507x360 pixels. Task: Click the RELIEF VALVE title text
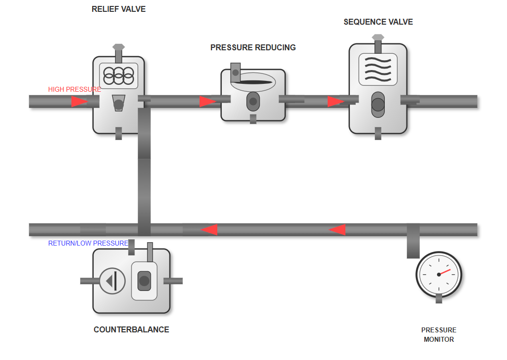[x=119, y=9]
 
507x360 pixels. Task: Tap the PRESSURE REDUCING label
[x=253, y=48]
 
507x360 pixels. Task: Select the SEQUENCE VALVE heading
[x=378, y=22]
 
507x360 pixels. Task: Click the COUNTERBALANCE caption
[x=131, y=330]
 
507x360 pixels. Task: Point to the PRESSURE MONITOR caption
[x=439, y=334]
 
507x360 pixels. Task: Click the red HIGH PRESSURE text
[x=74, y=89]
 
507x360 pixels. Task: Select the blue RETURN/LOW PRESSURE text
[x=88, y=243]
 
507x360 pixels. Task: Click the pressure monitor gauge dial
[x=439, y=274]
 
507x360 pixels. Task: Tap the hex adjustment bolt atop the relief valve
[x=119, y=47]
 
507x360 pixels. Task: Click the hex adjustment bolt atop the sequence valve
[x=378, y=37]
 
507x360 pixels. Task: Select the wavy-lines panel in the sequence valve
[x=378, y=70]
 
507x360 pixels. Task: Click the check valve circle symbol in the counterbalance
[x=112, y=281]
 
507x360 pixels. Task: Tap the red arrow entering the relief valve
[x=79, y=102]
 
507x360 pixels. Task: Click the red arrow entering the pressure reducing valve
[x=207, y=102]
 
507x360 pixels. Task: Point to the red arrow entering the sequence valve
[x=336, y=102]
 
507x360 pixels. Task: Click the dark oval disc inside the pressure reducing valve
[x=252, y=82]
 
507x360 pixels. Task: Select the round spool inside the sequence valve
[x=378, y=105]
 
